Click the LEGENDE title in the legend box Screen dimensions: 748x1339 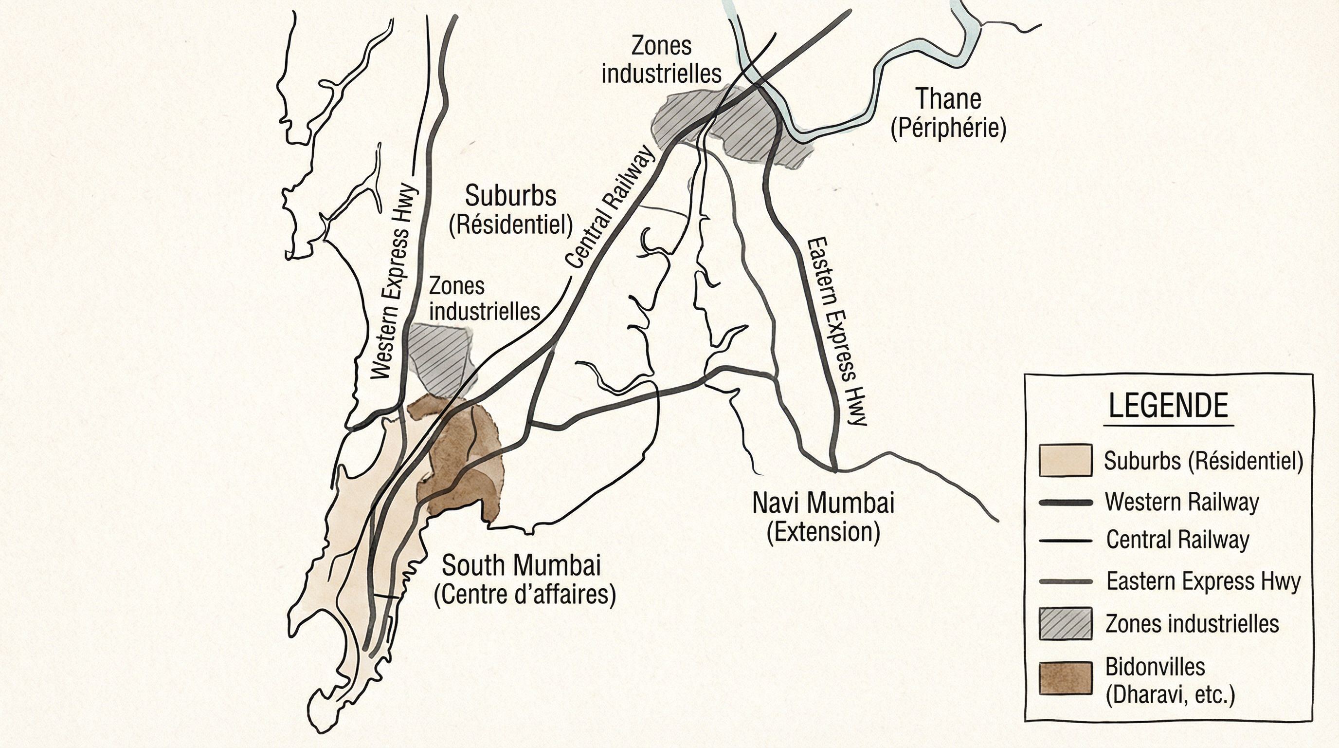point(1168,406)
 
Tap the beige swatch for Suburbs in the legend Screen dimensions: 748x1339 point(1065,460)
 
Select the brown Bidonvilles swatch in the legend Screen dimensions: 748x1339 point(1065,678)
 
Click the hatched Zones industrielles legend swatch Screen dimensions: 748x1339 point(1065,623)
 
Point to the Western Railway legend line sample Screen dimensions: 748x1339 point(1065,503)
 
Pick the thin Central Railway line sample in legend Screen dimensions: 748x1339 point(1065,541)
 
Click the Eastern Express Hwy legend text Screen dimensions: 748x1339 point(1203,581)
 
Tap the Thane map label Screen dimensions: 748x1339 point(948,99)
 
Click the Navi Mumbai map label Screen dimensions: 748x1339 point(823,503)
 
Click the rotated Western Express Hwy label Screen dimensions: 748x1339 point(395,281)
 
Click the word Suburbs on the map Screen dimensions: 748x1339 point(510,196)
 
